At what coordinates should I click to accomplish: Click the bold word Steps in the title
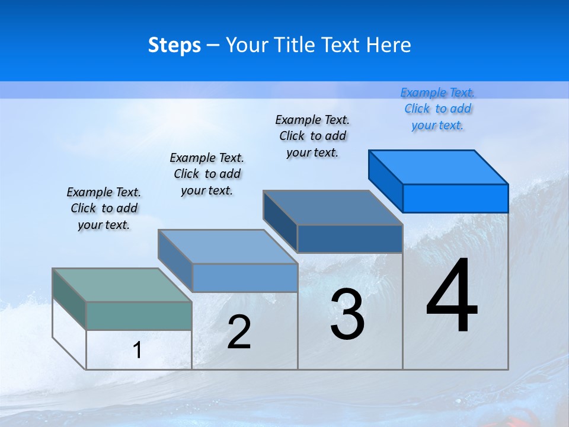174,45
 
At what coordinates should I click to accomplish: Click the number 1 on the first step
138,350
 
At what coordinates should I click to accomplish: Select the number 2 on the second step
239,333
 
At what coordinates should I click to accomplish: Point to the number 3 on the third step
347,315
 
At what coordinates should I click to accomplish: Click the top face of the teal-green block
122,285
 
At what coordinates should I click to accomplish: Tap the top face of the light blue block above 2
228,246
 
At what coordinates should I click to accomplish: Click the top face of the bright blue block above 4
439,167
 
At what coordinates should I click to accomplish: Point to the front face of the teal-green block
139,316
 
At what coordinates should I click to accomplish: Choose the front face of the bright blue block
455,198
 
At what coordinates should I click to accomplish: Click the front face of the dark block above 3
350,238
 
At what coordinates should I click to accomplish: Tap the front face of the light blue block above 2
245,278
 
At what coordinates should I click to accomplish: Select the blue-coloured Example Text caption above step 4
437,109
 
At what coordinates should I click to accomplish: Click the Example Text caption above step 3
312,136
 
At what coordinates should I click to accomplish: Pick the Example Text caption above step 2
207,174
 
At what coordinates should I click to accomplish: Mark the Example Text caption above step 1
104,208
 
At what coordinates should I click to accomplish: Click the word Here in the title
389,45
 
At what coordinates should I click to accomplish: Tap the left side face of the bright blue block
385,180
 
